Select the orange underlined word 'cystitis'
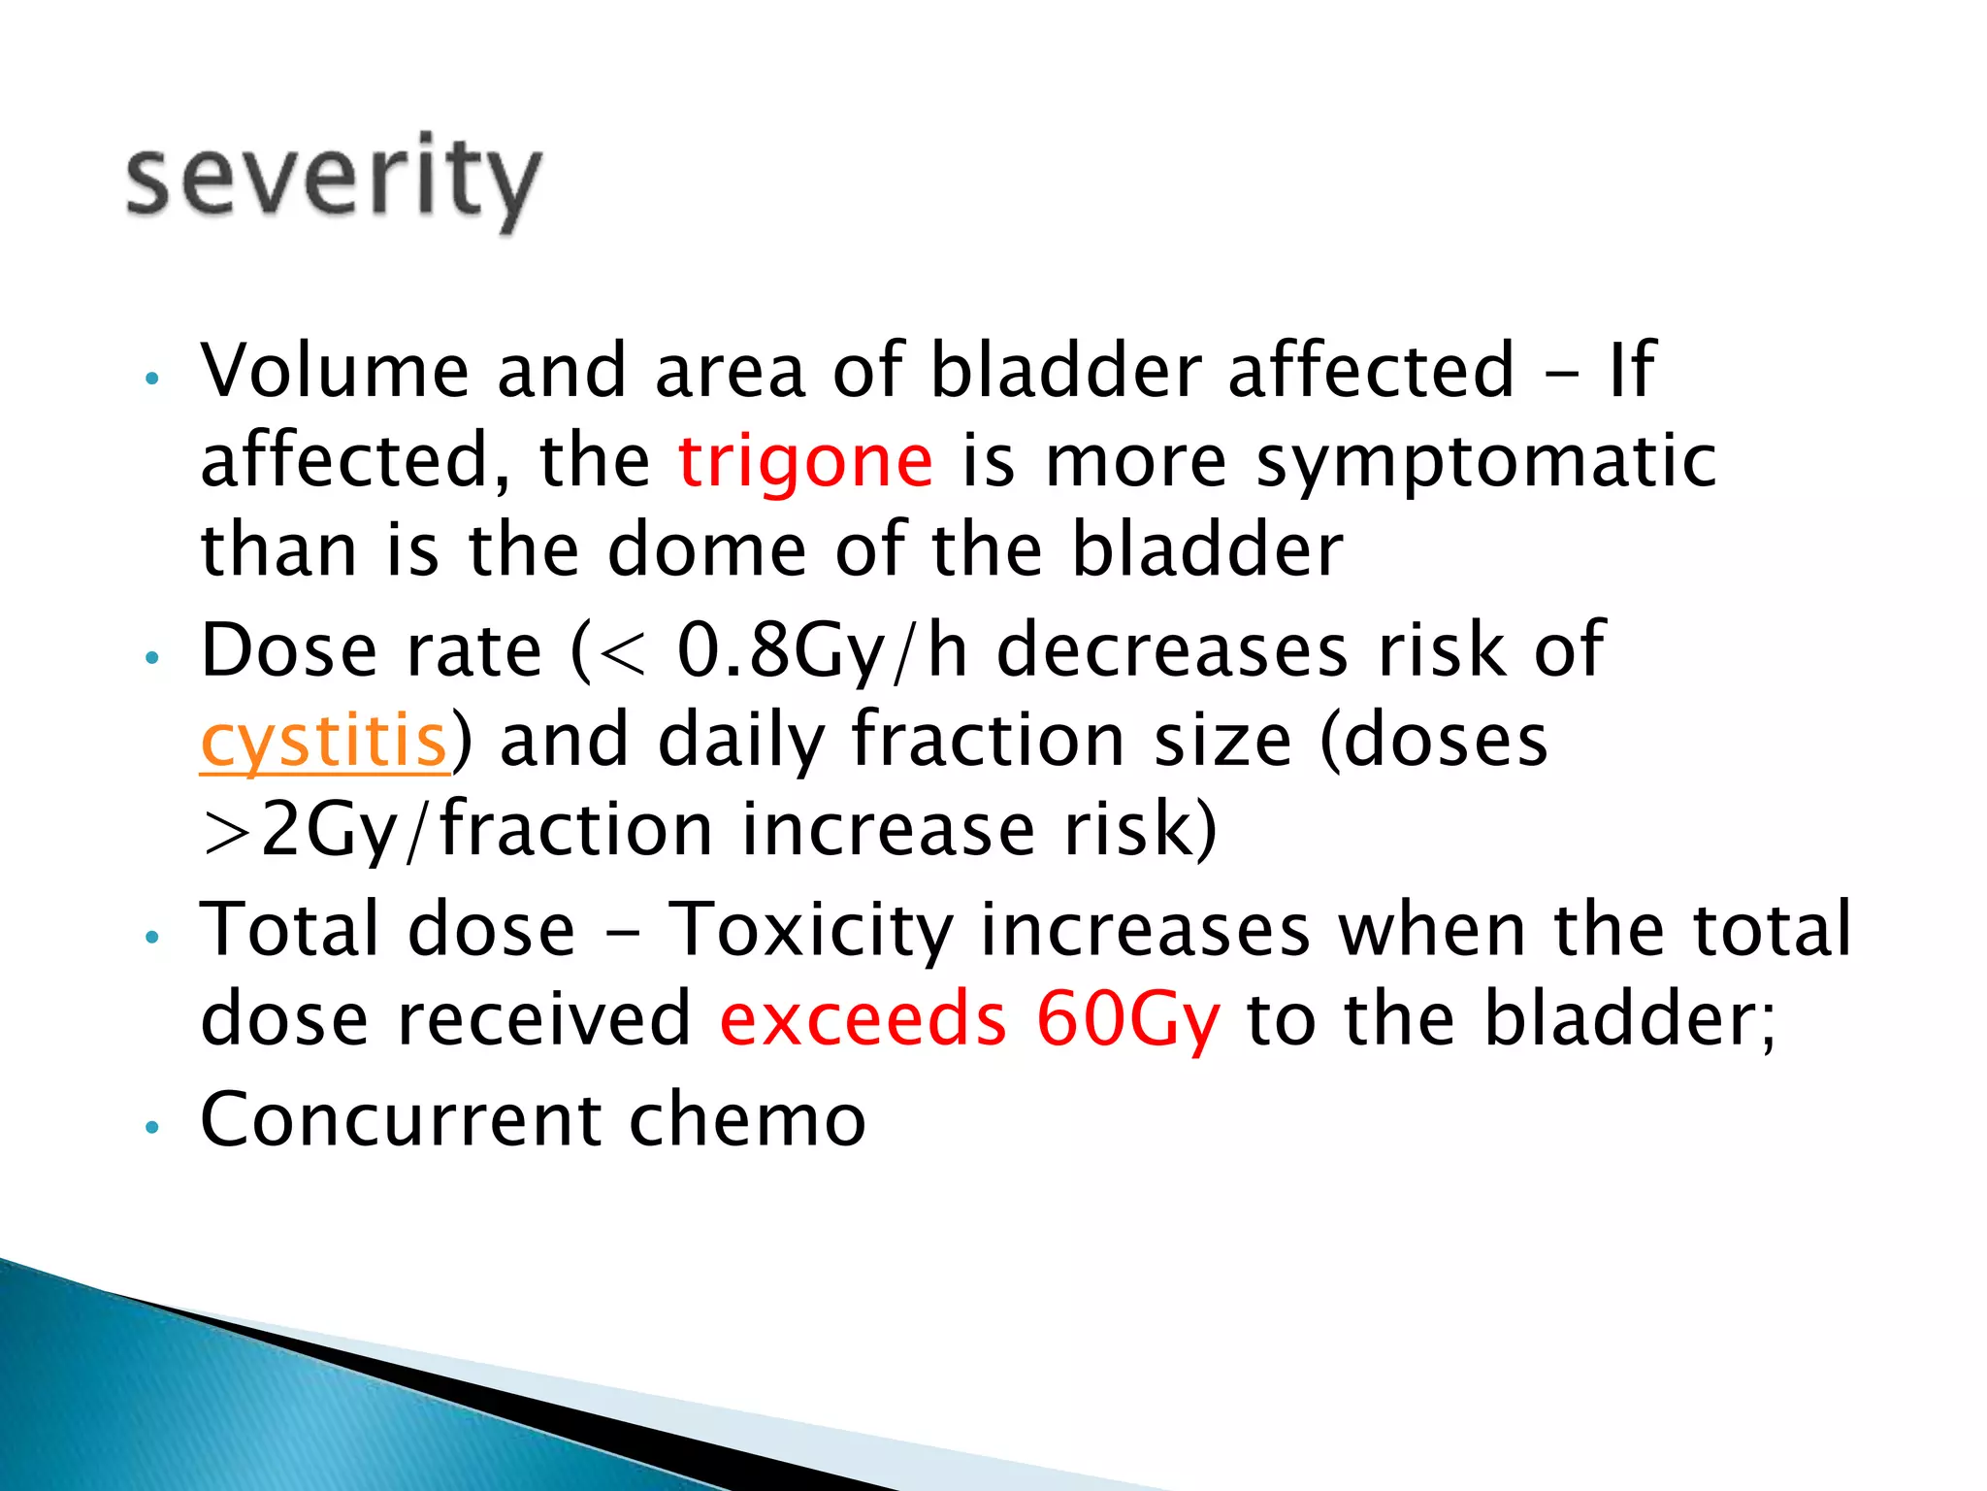[324, 741]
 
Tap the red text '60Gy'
[1126, 1019]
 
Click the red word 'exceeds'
[863, 1019]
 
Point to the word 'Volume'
[334, 371]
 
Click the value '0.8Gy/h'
[822, 650]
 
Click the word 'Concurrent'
[400, 1119]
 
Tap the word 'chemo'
[746, 1119]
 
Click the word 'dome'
[706, 550]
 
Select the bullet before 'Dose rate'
[150, 658]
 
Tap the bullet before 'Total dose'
[150, 938]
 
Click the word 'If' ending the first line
[1631, 371]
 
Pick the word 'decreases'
[1172, 650]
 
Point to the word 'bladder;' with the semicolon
[1631, 1019]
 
